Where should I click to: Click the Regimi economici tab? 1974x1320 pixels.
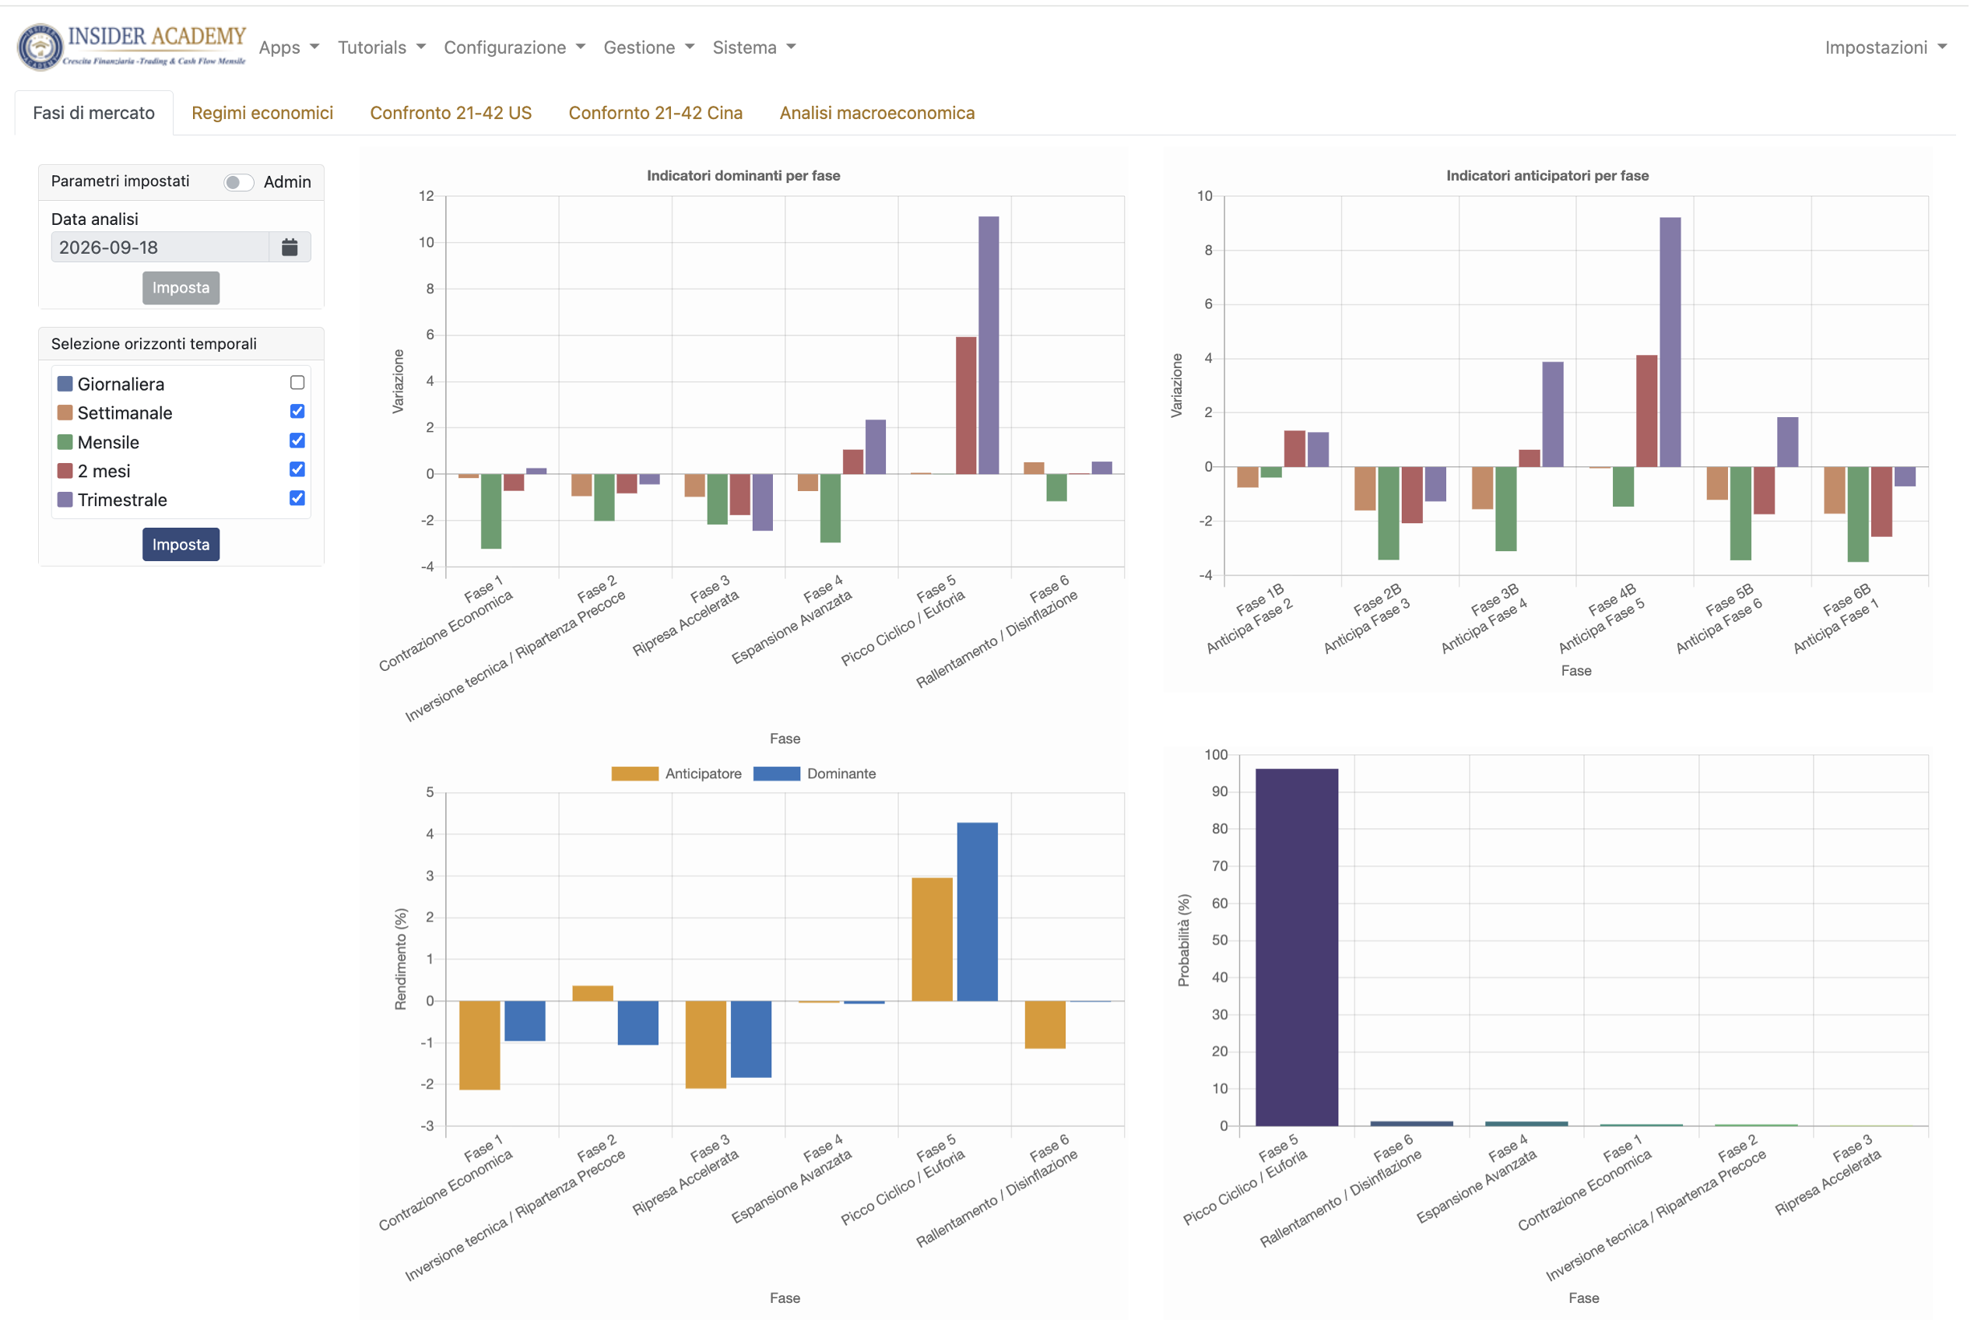pyautogui.click(x=262, y=113)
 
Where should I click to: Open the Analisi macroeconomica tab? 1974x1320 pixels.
pyautogui.click(x=878, y=113)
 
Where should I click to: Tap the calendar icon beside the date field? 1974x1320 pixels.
pyautogui.click(x=290, y=247)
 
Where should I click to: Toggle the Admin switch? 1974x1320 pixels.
pyautogui.click(x=239, y=182)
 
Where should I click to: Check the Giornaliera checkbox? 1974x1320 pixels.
pyautogui.click(x=298, y=383)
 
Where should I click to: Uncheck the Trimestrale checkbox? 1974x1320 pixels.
pyautogui.click(x=298, y=498)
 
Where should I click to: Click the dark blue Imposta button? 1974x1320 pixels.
pyautogui.click(x=181, y=545)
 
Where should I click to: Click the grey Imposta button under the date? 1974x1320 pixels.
pyautogui.click(x=181, y=288)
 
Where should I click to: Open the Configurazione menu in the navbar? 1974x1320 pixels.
pyautogui.click(x=515, y=47)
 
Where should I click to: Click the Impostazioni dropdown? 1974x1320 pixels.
pyautogui.click(x=1885, y=47)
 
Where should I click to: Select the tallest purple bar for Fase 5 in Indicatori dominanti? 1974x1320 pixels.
pyautogui.click(x=989, y=345)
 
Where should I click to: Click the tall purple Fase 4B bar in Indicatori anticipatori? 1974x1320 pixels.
pyautogui.click(x=1671, y=342)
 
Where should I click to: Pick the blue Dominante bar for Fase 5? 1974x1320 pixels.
pyautogui.click(x=978, y=911)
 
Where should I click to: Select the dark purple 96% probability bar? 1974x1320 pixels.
pyautogui.click(x=1298, y=947)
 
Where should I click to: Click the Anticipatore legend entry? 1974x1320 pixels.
pyautogui.click(x=676, y=774)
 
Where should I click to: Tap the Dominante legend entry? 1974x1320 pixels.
pyautogui.click(x=815, y=774)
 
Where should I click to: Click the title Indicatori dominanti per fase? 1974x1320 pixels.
pyautogui.click(x=743, y=175)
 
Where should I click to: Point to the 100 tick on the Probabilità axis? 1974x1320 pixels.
pyautogui.click(x=1216, y=754)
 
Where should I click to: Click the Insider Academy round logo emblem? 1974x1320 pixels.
pyautogui.click(x=40, y=47)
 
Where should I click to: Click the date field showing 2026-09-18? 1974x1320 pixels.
pyautogui.click(x=160, y=247)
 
